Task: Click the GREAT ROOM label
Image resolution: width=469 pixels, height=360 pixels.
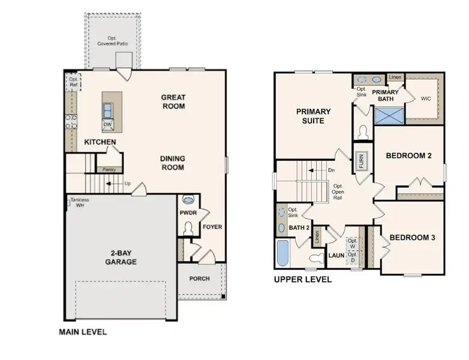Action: coord(173,102)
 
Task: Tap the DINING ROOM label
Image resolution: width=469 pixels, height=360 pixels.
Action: coord(172,163)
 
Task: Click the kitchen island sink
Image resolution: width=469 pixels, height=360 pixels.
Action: coord(108,111)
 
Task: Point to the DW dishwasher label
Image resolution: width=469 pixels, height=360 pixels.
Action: coord(108,125)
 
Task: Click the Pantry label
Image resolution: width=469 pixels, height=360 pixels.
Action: coord(109,170)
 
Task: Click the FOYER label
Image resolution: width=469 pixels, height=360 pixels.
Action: coord(212,227)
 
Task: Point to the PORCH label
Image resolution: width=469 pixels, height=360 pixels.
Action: coord(200,278)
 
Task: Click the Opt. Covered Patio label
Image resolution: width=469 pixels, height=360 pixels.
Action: coord(113,41)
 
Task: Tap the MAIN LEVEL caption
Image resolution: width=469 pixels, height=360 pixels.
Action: coord(83,331)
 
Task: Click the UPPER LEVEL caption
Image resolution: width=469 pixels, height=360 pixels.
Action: coord(303,280)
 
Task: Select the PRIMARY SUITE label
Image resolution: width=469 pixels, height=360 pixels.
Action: coord(313,116)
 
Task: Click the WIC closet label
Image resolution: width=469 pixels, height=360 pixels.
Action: coord(426,98)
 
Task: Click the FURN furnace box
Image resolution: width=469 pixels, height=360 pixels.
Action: coord(362,161)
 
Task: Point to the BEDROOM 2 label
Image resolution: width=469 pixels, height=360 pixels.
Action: coord(409,155)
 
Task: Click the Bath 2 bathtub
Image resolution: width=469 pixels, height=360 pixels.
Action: coord(282,253)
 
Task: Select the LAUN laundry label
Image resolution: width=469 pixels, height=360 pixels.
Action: coord(336,256)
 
